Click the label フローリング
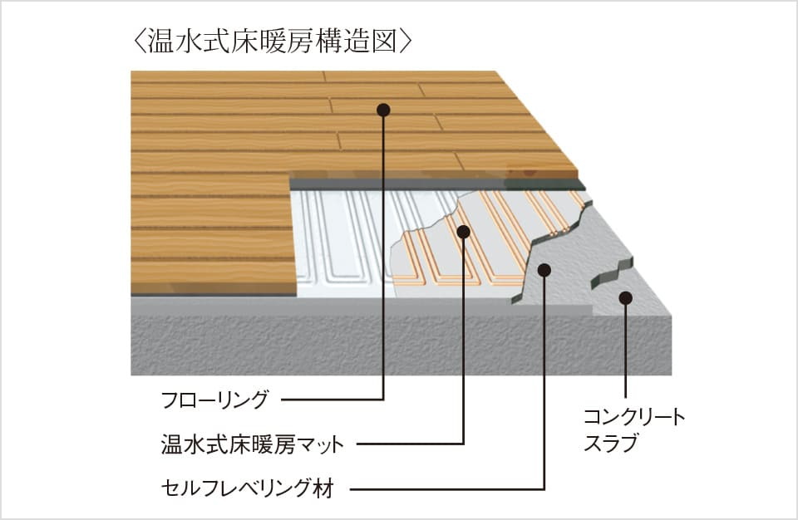[x=215, y=400]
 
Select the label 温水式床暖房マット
[x=252, y=444]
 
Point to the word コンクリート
[x=634, y=417]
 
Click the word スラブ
[x=610, y=444]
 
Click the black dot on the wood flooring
[x=383, y=110]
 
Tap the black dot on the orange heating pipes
[x=464, y=232]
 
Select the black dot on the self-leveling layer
[x=544, y=269]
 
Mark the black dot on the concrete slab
[x=625, y=297]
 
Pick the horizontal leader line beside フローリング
[x=332, y=400]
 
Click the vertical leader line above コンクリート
[x=625, y=349]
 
